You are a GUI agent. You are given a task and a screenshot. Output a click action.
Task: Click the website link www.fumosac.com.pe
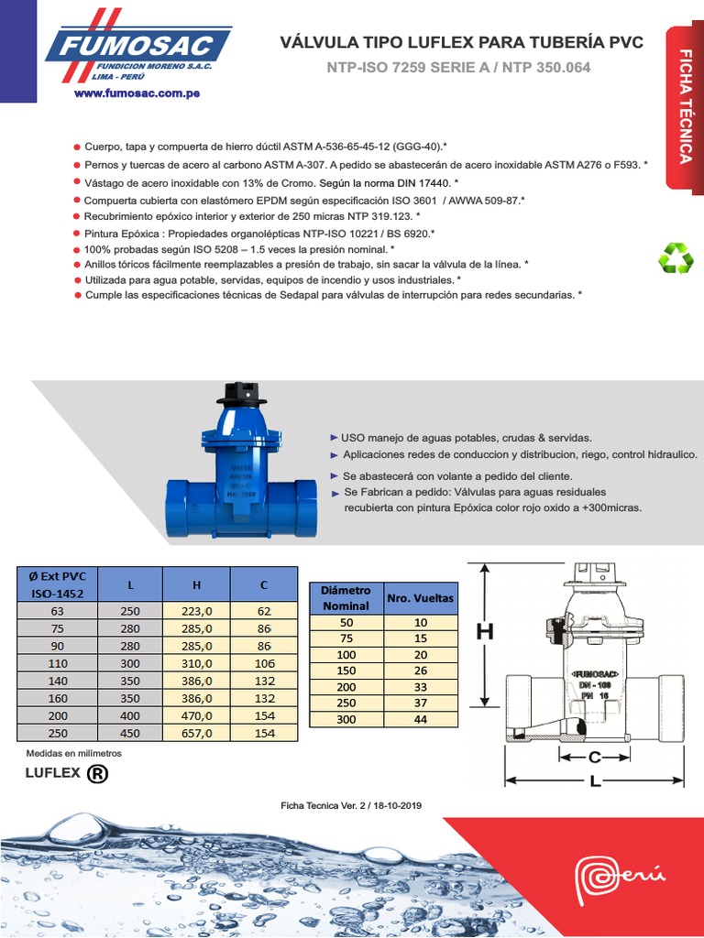[x=137, y=93]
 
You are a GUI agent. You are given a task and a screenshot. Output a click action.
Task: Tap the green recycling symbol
[x=676, y=257]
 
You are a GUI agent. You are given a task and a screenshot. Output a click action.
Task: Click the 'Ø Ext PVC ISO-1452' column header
[x=58, y=584]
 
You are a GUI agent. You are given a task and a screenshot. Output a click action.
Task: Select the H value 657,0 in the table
[x=196, y=732]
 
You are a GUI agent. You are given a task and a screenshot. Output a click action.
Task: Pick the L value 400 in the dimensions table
[x=130, y=715]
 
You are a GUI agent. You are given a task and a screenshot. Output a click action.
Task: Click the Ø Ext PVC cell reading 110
[x=58, y=663]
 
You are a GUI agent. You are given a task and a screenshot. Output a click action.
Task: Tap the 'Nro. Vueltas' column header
[x=421, y=598]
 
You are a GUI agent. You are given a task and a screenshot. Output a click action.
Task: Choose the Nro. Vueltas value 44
[x=421, y=719]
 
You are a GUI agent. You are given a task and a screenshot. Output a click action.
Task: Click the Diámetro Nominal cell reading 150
[x=346, y=671]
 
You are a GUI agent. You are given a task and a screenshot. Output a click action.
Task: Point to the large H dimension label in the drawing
[x=484, y=631]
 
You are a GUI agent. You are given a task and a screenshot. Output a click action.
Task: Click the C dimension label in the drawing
[x=594, y=758]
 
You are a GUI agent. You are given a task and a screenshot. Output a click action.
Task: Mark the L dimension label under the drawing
[x=595, y=782]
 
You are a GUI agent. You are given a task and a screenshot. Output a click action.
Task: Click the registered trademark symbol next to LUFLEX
[x=97, y=774]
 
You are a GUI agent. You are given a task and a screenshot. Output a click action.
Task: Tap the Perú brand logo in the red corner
[x=617, y=879]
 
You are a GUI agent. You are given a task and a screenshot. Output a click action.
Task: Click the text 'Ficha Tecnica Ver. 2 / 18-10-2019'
[x=351, y=805]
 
